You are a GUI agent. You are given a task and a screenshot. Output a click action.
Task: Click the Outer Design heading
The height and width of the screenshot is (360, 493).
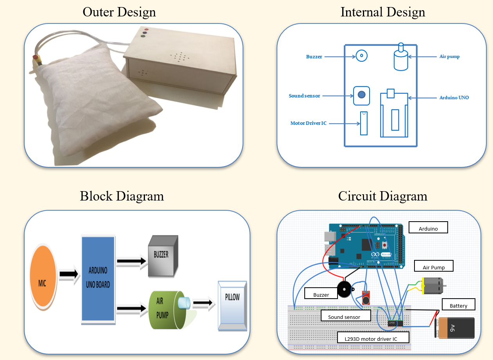[119, 12]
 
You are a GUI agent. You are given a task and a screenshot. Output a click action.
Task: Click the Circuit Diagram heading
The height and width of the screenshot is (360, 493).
[382, 195]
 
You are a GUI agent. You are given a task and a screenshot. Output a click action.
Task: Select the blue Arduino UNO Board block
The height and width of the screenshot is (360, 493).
[98, 279]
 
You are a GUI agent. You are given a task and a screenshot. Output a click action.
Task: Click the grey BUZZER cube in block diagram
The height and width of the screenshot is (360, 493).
[163, 256]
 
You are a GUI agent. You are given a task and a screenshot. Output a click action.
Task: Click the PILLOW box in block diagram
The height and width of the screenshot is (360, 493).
[232, 307]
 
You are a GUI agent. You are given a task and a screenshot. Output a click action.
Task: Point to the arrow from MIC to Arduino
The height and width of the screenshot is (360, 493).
[69, 276]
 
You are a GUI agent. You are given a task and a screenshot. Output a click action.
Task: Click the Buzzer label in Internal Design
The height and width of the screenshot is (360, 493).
[314, 57]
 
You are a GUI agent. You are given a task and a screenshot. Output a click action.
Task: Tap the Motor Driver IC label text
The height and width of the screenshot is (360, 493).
[308, 123]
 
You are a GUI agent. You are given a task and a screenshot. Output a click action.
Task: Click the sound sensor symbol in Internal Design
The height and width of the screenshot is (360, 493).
[361, 95]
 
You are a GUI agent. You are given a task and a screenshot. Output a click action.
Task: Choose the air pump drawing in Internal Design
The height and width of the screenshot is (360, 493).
[400, 58]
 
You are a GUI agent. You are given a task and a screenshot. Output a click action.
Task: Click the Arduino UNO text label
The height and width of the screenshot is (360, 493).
[454, 97]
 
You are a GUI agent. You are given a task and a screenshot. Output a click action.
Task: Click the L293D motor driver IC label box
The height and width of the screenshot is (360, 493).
[373, 339]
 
